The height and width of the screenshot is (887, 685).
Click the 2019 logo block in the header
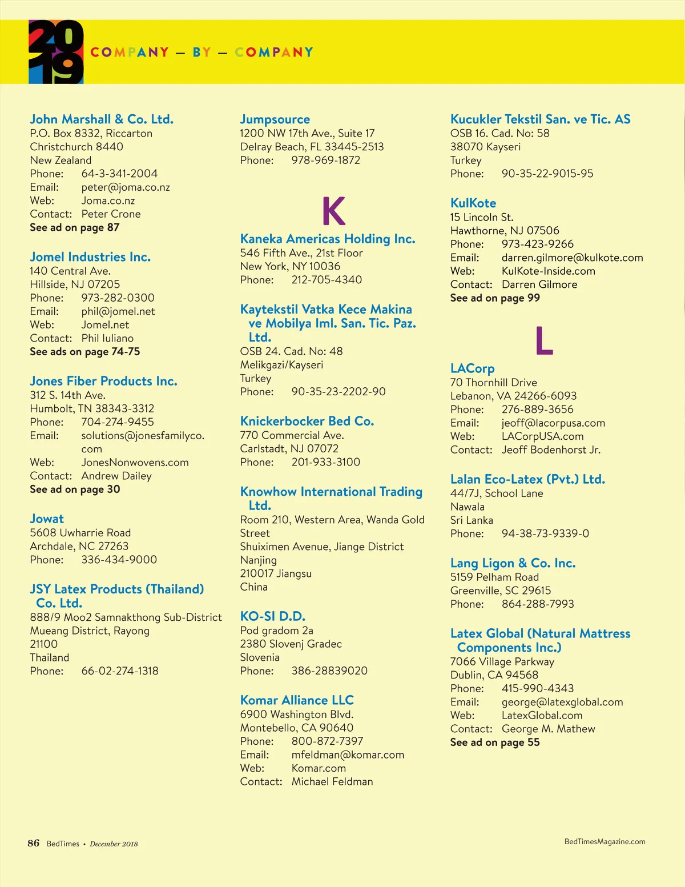tap(56, 52)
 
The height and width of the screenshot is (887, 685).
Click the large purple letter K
tap(334, 211)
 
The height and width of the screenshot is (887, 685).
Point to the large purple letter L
tap(544, 341)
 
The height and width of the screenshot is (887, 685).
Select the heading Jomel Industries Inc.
tap(90, 257)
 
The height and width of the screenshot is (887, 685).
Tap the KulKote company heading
tap(473, 203)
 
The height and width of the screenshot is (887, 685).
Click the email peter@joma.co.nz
tap(126, 187)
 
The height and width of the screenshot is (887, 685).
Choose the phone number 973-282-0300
tap(118, 298)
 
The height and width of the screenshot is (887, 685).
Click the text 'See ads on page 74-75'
tap(85, 352)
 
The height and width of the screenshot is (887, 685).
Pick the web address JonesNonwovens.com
tap(135, 462)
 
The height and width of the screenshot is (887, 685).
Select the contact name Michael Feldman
tap(332, 781)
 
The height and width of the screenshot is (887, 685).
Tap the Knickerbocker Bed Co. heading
tap(307, 422)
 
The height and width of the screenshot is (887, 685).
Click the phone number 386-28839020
tap(329, 671)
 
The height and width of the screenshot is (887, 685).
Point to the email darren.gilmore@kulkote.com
tap(572, 258)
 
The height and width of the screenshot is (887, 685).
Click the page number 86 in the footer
tap(34, 843)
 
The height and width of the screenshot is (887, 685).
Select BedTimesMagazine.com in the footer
tap(605, 841)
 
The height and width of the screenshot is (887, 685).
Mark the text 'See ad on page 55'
tap(495, 742)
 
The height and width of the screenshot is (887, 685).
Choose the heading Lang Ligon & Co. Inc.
tap(513, 563)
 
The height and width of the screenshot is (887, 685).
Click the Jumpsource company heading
tap(275, 119)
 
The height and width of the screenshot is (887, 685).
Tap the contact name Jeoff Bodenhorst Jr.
tap(551, 449)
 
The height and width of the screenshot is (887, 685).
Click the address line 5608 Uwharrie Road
tap(80, 533)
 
